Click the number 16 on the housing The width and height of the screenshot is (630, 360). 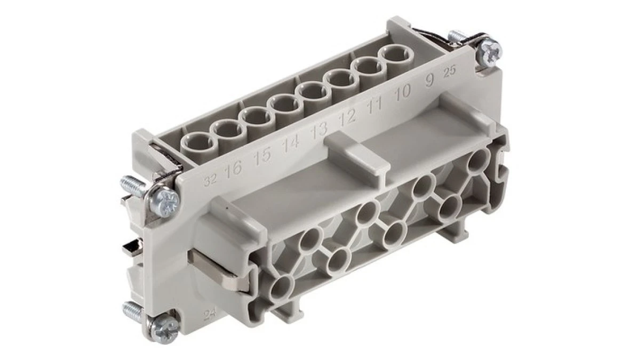(x=233, y=170)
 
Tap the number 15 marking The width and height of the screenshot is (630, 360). (x=262, y=155)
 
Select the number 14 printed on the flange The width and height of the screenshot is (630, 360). (x=291, y=143)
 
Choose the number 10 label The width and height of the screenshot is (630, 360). (x=403, y=92)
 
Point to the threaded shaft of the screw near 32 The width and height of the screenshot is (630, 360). (x=133, y=186)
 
